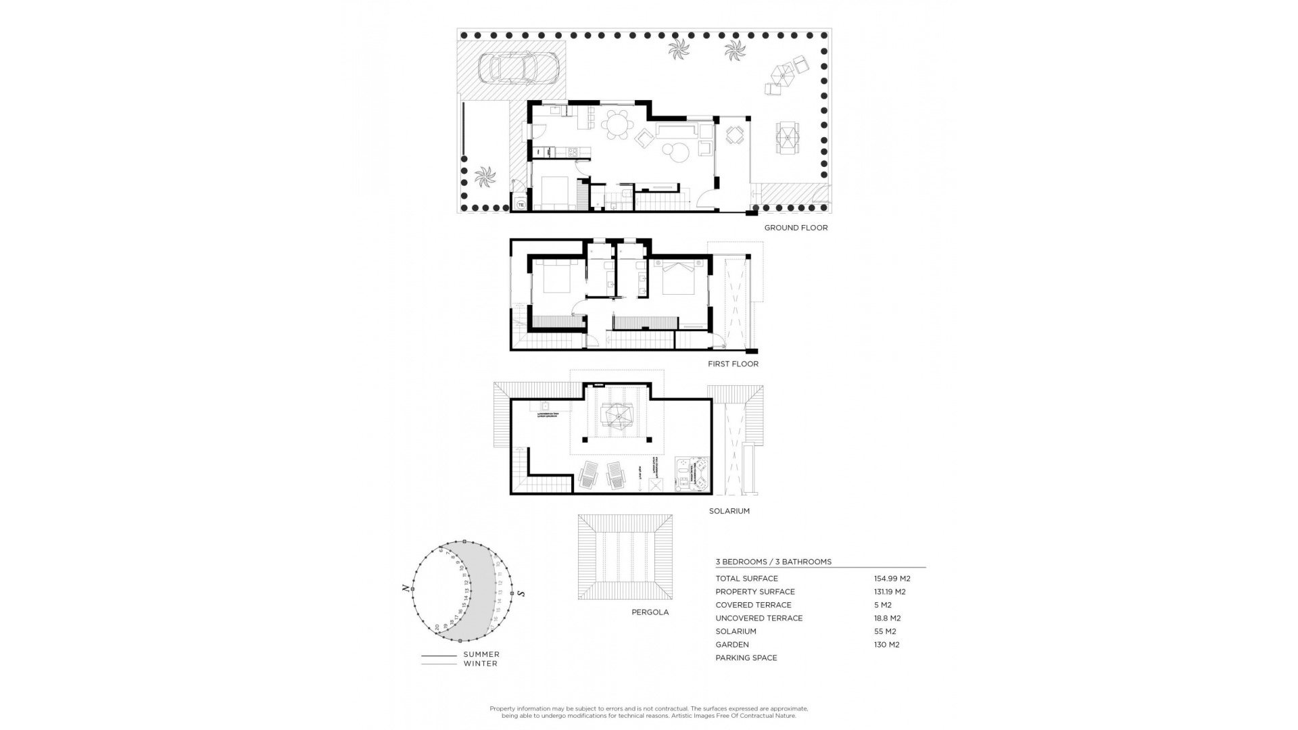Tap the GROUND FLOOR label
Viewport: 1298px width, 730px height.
(x=796, y=228)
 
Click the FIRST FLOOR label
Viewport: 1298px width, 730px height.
(x=733, y=364)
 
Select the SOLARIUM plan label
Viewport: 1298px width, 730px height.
(x=729, y=511)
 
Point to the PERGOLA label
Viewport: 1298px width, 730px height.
(x=650, y=612)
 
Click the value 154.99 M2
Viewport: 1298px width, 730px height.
(x=892, y=579)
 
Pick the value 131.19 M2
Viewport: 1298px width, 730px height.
(x=889, y=591)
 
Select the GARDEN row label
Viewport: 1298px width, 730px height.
(x=731, y=644)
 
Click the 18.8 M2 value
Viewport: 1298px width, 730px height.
(x=887, y=618)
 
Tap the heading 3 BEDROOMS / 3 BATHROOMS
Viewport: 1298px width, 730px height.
(x=773, y=562)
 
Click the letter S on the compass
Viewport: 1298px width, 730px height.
(x=521, y=593)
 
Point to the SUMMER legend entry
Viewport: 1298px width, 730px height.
(x=481, y=654)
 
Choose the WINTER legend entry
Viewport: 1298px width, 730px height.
(x=480, y=664)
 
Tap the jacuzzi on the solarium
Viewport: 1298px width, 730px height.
(x=692, y=473)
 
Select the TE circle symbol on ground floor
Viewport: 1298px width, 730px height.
(x=521, y=203)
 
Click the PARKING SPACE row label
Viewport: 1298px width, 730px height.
(x=746, y=658)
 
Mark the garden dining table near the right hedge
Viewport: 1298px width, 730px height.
(x=786, y=139)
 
